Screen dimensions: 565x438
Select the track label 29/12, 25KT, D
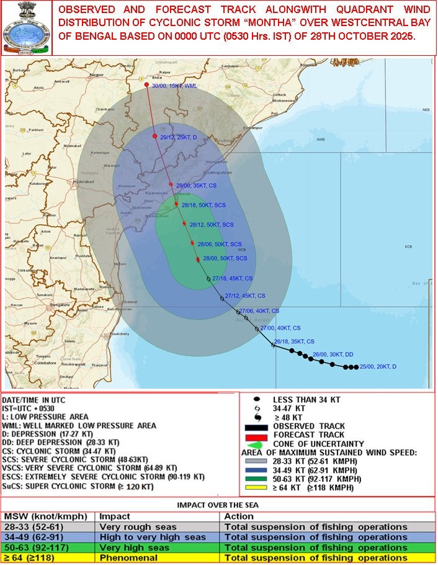[x=179, y=137]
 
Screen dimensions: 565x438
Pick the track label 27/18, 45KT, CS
[x=232, y=279]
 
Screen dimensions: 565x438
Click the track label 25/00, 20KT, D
[x=378, y=367]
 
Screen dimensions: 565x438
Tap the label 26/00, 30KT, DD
[x=333, y=355]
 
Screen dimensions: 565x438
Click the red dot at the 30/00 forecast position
[x=147, y=85]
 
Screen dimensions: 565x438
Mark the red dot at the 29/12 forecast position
[x=154, y=136]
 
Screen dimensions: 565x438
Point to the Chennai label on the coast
[x=129, y=302]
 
